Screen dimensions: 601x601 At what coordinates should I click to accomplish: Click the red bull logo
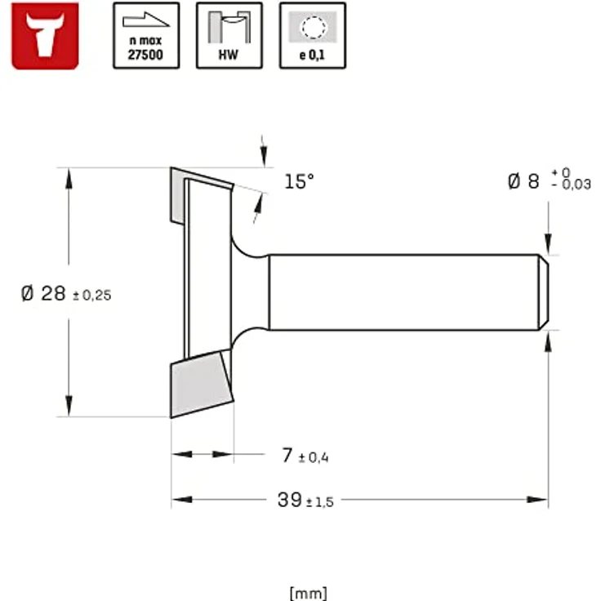[45, 35]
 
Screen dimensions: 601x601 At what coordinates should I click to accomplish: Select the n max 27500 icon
[146, 35]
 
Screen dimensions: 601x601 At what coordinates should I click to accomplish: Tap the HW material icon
[229, 35]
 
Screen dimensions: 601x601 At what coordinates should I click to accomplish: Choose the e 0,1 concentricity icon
[313, 35]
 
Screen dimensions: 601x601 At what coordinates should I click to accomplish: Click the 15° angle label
[299, 181]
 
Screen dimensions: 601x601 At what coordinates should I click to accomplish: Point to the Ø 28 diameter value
[43, 293]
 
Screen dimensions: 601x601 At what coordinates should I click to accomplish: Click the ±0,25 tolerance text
[91, 296]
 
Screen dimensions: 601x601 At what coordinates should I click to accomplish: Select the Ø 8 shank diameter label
[523, 181]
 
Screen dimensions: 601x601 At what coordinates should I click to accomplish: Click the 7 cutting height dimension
[287, 456]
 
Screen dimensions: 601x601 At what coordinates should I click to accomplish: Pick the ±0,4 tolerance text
[314, 457]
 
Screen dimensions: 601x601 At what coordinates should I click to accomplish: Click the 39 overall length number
[289, 501]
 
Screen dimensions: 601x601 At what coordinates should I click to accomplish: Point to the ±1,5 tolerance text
[319, 502]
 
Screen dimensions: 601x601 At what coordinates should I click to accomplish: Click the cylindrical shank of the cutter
[400, 292]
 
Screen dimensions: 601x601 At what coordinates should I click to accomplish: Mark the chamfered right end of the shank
[543, 292]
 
